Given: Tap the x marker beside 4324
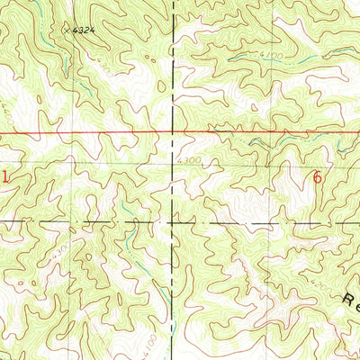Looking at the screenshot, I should point(67,29).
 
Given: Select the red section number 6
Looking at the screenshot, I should point(317,177).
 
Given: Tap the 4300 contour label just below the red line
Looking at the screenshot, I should point(189,161).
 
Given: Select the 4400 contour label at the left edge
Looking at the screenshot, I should point(5,115).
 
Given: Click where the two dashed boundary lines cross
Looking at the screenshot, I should point(175,220).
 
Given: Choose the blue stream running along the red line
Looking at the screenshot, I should point(270,139).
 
